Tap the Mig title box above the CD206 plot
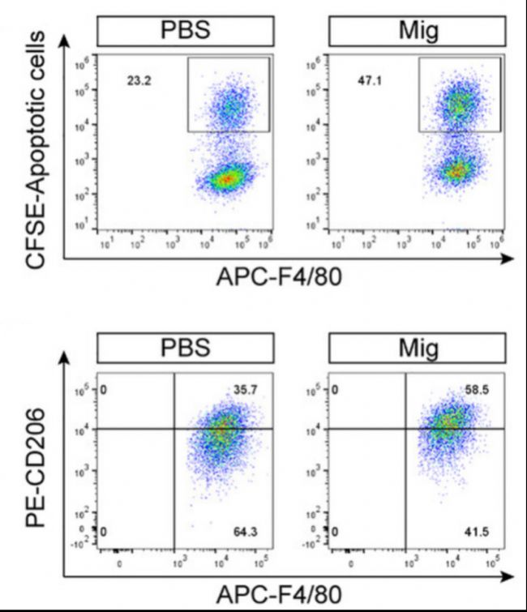coord(415,350)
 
